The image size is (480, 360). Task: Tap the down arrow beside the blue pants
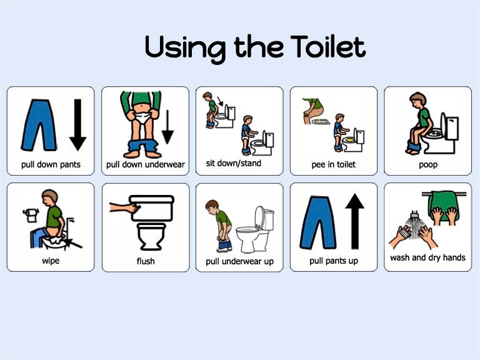point(77,125)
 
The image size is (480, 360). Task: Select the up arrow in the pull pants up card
point(354,221)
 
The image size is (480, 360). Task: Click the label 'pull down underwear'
point(146,165)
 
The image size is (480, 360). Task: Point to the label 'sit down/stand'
point(234,164)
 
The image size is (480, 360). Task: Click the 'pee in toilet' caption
point(333,165)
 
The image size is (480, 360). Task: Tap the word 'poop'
point(427,165)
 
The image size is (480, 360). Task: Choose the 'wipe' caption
point(50,261)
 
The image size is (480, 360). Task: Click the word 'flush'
point(146,261)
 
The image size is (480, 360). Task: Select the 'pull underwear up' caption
point(239,261)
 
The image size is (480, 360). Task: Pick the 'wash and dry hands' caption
point(427,257)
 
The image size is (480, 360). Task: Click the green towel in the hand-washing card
point(444,206)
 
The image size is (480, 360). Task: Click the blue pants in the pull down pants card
point(39,125)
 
